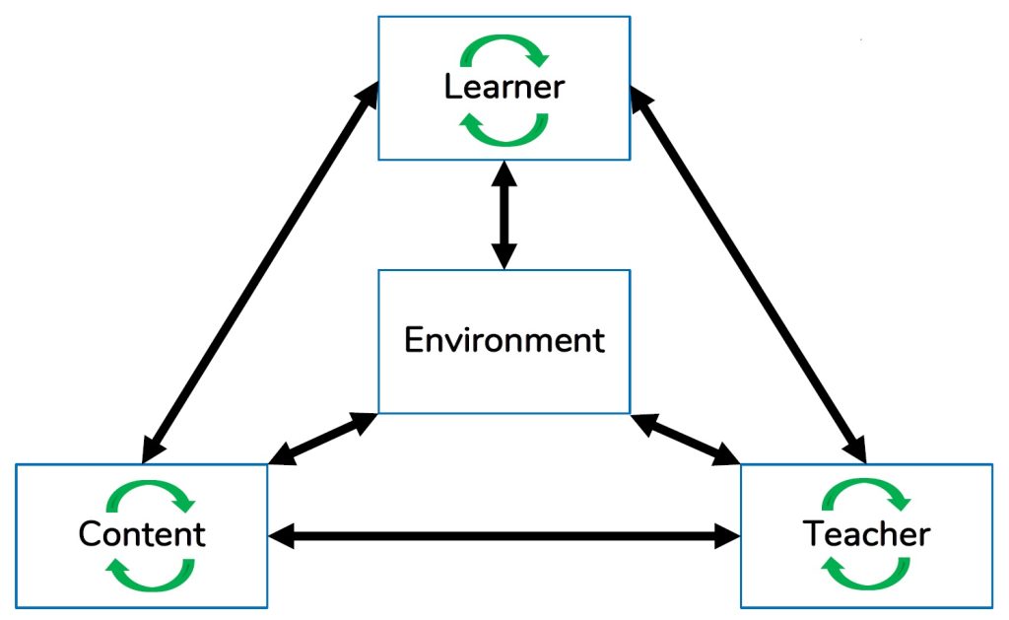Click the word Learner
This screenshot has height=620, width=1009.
click(504, 87)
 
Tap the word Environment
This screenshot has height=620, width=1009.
click(504, 341)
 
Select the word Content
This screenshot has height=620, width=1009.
click(142, 534)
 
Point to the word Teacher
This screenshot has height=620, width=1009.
click(866, 534)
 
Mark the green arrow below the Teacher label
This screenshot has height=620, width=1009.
click(865, 573)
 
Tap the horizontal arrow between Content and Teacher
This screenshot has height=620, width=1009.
click(504, 536)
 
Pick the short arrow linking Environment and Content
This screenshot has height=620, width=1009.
click(323, 438)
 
